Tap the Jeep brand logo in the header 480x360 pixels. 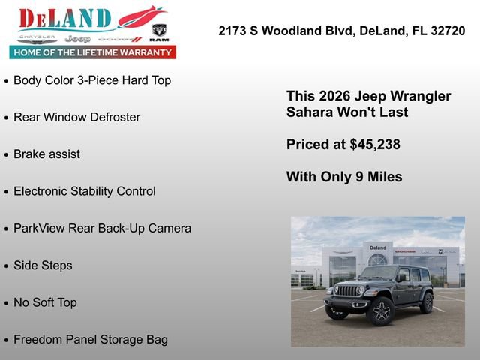pyautogui.click(x=77, y=38)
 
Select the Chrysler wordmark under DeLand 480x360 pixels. pyautogui.click(x=37, y=37)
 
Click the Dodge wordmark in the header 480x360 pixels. pyautogui.click(x=119, y=38)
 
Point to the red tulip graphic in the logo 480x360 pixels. pyautogui.click(x=140, y=16)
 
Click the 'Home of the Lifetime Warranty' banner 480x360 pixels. pyautogui.click(x=93, y=52)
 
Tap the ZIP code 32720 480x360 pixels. pyautogui.click(x=448, y=31)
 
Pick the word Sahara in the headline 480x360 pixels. pyautogui.click(x=310, y=112)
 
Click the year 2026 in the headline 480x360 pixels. pyautogui.click(x=334, y=96)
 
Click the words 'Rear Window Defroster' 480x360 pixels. pyautogui.click(x=76, y=117)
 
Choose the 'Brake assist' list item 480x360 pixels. pyautogui.click(x=46, y=154)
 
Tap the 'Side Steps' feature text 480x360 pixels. pyautogui.click(x=43, y=265)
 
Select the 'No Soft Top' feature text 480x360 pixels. pyautogui.click(x=45, y=302)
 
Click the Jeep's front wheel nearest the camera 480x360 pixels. pyautogui.click(x=380, y=310)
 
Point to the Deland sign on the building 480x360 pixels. pyautogui.click(x=378, y=247)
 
